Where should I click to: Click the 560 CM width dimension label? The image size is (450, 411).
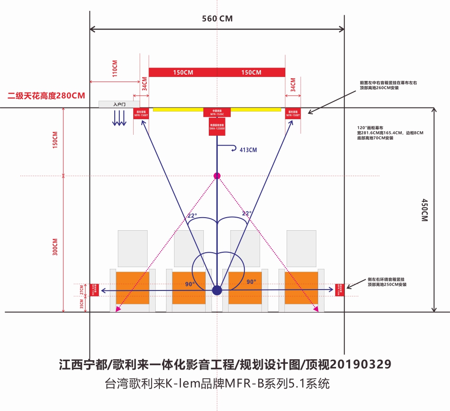point(218,18)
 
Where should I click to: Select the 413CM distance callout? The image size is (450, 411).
point(248,150)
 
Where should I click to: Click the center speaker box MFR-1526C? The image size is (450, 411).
point(217,112)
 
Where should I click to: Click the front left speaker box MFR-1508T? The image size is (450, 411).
point(141,113)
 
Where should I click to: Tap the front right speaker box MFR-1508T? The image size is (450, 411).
point(293,113)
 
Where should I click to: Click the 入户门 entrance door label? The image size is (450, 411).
point(119,104)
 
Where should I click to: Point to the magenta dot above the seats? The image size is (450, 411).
point(217,175)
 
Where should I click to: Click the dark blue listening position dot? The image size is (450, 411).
point(217,290)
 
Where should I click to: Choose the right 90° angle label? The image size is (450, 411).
point(251,282)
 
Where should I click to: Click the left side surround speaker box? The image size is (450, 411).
point(94,290)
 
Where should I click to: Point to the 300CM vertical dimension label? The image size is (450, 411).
point(55,246)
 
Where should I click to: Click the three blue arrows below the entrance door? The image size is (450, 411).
point(119,118)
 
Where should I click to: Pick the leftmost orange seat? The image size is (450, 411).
point(132,288)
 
